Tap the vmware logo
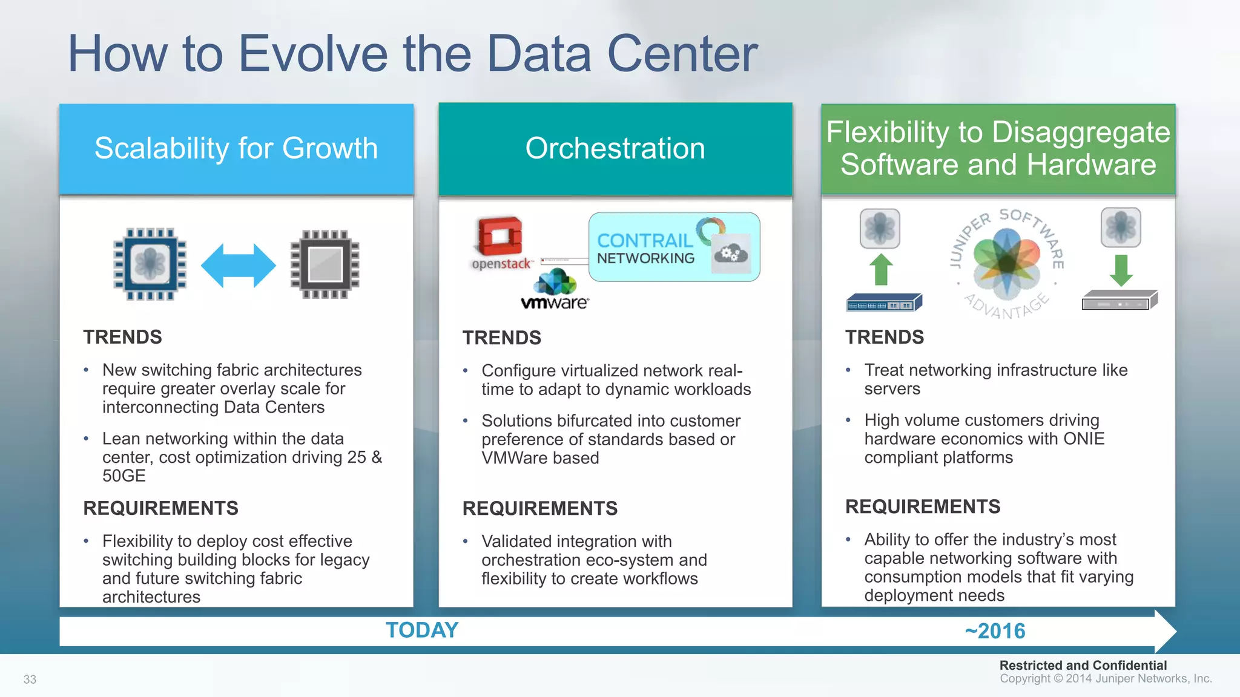point(555,291)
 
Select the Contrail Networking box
point(674,247)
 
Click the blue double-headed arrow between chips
point(238,265)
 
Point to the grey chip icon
point(325,264)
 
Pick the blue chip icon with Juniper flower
point(150,264)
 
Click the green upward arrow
point(881,269)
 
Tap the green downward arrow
point(1121,270)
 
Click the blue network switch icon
point(883,303)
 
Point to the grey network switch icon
point(1119,301)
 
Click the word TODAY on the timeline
point(422,630)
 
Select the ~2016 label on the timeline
point(995,631)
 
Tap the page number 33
point(30,679)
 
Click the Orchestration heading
point(615,149)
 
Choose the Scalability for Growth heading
point(236,149)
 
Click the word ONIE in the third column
point(1084,439)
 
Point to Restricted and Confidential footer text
point(1083,666)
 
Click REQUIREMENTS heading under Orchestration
point(539,508)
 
